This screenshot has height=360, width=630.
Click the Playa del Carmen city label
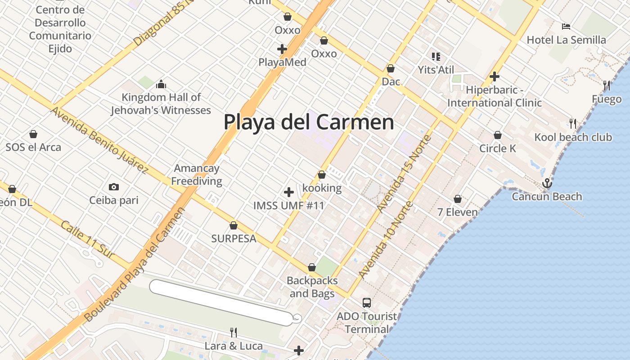click(x=309, y=122)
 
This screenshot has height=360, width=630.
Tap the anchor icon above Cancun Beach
click(x=547, y=183)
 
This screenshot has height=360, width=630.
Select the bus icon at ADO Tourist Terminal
click(x=367, y=302)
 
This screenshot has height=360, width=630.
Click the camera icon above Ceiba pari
click(x=114, y=187)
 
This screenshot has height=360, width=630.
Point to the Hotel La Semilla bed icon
click(x=566, y=27)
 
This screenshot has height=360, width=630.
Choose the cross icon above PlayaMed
click(x=282, y=49)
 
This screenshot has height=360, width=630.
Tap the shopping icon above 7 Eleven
click(x=458, y=198)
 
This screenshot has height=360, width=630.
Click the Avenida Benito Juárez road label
click(x=99, y=140)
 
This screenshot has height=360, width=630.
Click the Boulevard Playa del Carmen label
click(x=135, y=265)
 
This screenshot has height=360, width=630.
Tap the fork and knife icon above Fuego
click(x=607, y=85)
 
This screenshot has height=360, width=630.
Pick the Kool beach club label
click(x=573, y=137)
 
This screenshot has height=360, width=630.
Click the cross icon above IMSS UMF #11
click(x=289, y=192)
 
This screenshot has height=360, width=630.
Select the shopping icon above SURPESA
click(x=234, y=225)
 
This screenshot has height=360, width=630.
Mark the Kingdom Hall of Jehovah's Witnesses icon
click(x=161, y=84)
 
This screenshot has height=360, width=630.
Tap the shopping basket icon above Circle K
click(x=498, y=135)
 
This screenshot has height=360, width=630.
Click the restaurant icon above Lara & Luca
click(x=234, y=333)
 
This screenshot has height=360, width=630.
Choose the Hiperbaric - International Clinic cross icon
click(x=495, y=76)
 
